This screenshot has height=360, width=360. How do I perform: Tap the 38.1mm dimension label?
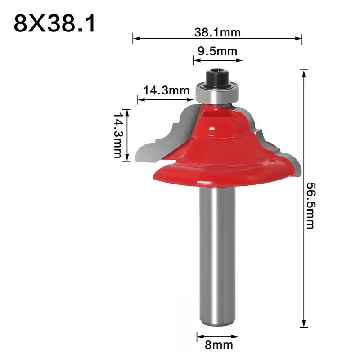tap(218, 32)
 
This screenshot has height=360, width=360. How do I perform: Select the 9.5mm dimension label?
tap(218, 51)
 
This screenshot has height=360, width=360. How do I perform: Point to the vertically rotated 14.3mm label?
tap(118, 135)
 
